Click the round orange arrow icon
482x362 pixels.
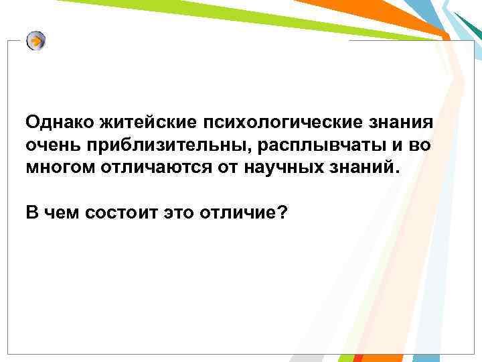pyautogui.click(x=36, y=42)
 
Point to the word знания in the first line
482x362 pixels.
pyautogui.click(x=400, y=123)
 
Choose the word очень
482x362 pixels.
pyautogui.click(x=50, y=144)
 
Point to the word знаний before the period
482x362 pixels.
pyautogui.click(x=361, y=165)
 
